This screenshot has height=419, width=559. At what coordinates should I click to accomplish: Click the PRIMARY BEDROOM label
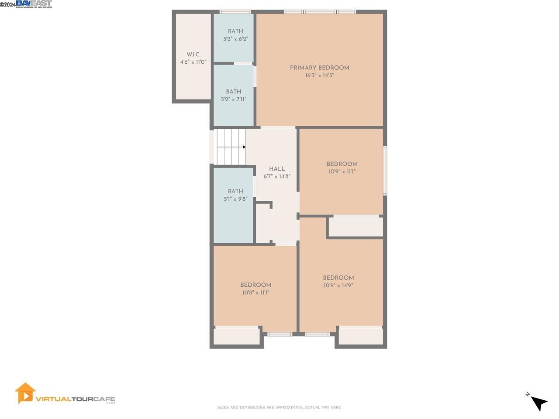pos(319,68)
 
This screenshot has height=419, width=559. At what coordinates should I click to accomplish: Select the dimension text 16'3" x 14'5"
pos(319,76)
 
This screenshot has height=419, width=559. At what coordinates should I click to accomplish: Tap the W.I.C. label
pos(193,55)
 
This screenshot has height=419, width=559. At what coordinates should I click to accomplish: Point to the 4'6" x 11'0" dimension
pos(193,62)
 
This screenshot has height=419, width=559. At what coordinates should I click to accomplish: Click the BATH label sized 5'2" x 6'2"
pos(235,31)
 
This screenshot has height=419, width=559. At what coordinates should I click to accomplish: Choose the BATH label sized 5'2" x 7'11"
pos(234,92)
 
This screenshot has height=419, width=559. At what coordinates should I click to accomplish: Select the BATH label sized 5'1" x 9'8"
pos(235,191)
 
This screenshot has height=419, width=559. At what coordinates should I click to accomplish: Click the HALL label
pos(277,169)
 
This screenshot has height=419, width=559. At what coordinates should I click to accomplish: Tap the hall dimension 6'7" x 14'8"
pos(277,176)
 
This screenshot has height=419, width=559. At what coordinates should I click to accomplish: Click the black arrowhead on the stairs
pos(244,147)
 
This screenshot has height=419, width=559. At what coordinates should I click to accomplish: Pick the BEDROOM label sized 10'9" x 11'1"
pos(342,164)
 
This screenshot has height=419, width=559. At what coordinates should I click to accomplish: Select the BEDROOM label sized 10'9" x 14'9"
pos(338,278)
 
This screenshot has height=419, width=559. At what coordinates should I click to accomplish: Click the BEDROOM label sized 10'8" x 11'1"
pos(256,285)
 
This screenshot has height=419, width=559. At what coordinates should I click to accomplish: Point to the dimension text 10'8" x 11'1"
pos(256,293)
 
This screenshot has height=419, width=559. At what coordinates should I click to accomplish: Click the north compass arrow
pos(539,403)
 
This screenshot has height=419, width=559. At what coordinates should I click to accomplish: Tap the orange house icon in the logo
pos(25,393)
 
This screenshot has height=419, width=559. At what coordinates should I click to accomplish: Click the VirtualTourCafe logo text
pos(75,399)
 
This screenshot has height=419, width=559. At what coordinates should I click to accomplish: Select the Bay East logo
pos(34,4)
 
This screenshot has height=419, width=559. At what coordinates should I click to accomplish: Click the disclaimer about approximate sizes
pos(279,408)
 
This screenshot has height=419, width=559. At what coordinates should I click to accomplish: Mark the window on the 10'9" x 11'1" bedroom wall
pos(385,170)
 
